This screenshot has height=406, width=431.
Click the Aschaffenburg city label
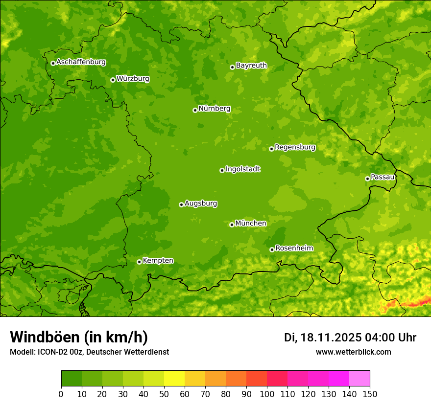[x=81, y=62]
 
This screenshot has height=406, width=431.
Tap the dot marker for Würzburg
[x=113, y=80]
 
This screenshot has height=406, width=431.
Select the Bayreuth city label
[x=251, y=66]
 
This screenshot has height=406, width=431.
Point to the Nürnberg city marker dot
[x=195, y=110]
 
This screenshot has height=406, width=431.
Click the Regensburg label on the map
[x=295, y=147]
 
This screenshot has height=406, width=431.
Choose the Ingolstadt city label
[x=242, y=169]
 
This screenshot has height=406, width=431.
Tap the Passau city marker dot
[x=367, y=179]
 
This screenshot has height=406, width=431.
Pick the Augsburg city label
[x=201, y=203]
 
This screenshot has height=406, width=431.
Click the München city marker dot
[x=232, y=225]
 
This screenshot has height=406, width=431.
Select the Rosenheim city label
[x=294, y=248]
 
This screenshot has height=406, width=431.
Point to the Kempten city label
[x=158, y=261]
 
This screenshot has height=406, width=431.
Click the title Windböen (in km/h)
[x=79, y=337]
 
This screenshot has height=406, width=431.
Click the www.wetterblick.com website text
[x=353, y=352]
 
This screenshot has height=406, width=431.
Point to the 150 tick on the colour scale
[x=370, y=394]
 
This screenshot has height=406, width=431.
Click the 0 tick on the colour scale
[x=61, y=394]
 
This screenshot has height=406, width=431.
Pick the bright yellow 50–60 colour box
[x=174, y=379]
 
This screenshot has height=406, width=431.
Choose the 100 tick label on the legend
[x=267, y=394]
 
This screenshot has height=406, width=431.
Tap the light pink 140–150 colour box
[x=359, y=379]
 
